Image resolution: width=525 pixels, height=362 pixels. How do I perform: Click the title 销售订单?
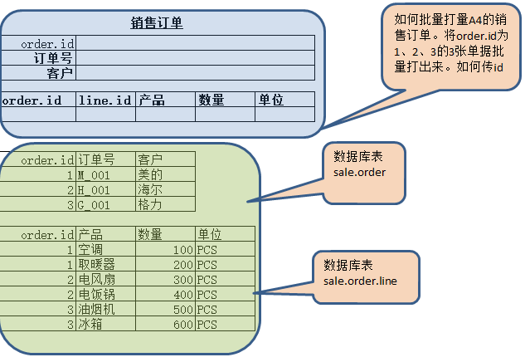pyautogui.click(x=157, y=23)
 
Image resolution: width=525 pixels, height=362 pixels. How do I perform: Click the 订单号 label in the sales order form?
pyautogui.click(x=53, y=58)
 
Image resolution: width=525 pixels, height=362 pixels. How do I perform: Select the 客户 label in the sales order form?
pyautogui.click(x=61, y=73)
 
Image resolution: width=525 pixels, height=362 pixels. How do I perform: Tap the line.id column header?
pyautogui.click(x=105, y=100)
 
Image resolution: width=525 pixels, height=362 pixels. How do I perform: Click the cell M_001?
pyautogui.click(x=94, y=175)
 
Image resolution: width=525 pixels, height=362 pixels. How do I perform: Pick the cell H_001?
pyautogui.click(x=94, y=190)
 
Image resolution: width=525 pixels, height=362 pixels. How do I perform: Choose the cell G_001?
pyautogui.click(x=94, y=204)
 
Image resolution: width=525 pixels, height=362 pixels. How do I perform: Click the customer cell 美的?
pyautogui.click(x=150, y=175)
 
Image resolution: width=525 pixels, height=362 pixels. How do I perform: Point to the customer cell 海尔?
pyautogui.click(x=150, y=190)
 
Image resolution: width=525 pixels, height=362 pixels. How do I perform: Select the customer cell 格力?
pyautogui.click(x=150, y=204)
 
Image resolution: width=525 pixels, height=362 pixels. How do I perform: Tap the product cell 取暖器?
pyautogui.click(x=95, y=265)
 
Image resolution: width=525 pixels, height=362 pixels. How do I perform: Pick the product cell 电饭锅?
pyautogui.click(x=95, y=295)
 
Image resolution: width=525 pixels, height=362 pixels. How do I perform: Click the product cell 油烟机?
pyautogui.click(x=95, y=310)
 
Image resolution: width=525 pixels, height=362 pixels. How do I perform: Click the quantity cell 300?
pyautogui.click(x=182, y=280)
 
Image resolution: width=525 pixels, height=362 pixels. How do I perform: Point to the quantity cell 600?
pyautogui.click(x=182, y=325)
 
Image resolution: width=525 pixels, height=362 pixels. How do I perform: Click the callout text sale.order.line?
pyautogui.click(x=361, y=282)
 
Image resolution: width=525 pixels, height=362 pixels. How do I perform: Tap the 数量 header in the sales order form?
pyautogui.click(x=211, y=100)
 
